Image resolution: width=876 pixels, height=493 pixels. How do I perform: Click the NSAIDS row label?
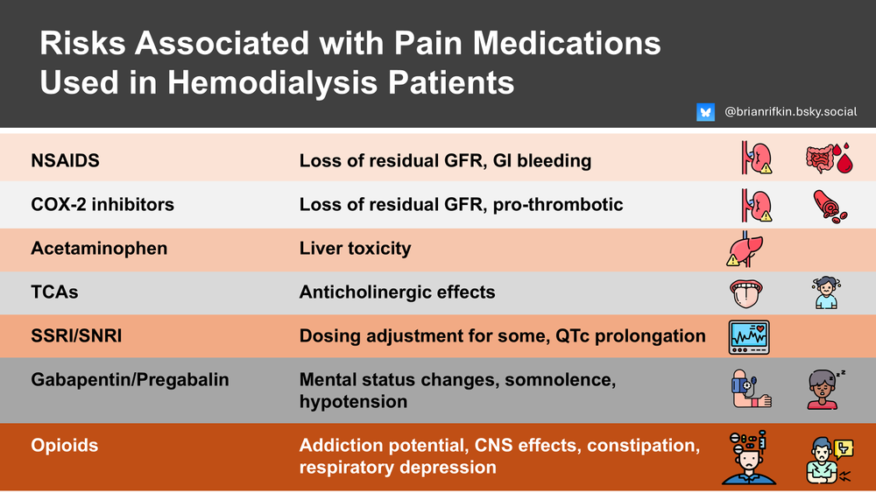tap(66, 161)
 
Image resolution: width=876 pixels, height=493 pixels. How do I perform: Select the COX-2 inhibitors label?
tap(102, 205)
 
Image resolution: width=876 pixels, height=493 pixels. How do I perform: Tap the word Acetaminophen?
tap(99, 249)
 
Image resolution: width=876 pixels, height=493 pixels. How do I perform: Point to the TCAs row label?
tap(54, 292)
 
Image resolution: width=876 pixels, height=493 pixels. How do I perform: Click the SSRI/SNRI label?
tap(76, 336)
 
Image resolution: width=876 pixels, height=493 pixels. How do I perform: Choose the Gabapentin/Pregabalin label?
tap(130, 380)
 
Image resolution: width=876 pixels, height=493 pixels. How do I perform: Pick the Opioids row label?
tap(65, 446)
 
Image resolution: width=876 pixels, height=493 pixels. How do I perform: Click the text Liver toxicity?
tap(355, 249)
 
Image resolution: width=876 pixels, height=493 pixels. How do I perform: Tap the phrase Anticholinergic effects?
tap(397, 292)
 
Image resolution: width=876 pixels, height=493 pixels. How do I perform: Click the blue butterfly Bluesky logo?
tap(705, 112)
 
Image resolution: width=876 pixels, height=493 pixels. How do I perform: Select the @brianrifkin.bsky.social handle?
tap(791, 112)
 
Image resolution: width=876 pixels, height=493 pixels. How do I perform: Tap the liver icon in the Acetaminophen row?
tap(745, 249)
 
